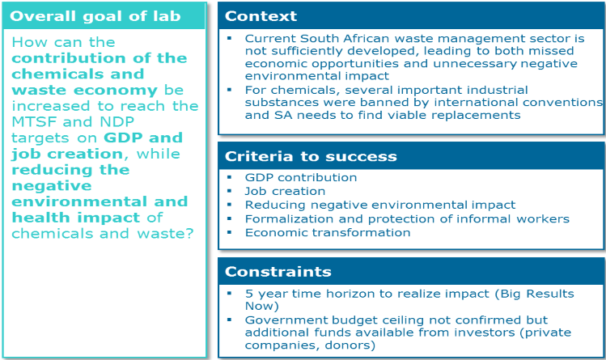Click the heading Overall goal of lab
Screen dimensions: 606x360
pyautogui.click(x=95, y=16)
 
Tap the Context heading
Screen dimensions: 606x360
pyautogui.click(x=261, y=16)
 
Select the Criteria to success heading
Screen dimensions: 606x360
pyautogui.click(x=311, y=156)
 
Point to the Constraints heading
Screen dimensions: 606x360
pyautogui.click(x=278, y=272)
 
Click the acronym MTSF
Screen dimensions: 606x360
pyautogui.click(x=35, y=121)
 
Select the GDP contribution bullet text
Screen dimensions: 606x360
pyautogui.click(x=301, y=177)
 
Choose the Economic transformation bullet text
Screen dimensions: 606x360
pyautogui.click(x=328, y=232)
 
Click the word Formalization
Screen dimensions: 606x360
pyautogui.click(x=289, y=218)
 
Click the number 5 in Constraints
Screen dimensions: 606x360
pyautogui.click(x=249, y=294)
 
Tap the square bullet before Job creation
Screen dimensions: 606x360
pyautogui.click(x=229, y=191)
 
